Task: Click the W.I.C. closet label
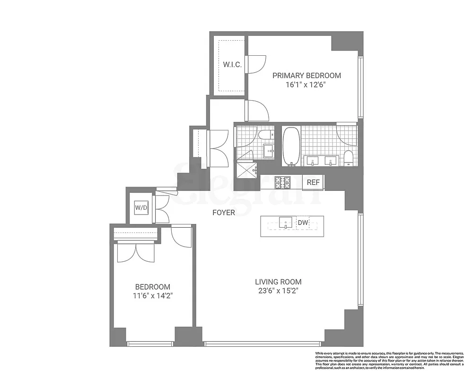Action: [233, 65]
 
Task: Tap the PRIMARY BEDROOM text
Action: [307, 76]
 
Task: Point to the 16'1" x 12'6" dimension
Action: [307, 85]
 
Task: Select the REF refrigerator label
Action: [313, 182]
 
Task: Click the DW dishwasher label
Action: [302, 222]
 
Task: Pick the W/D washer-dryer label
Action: [141, 207]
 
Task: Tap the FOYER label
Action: [224, 213]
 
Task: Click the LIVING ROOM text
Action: [277, 282]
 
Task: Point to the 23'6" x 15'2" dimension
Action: [277, 291]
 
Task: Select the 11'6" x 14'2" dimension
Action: [153, 296]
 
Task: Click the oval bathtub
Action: [291, 146]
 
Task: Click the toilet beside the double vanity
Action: [349, 158]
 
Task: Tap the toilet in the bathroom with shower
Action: [264, 135]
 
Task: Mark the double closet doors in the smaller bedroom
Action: [136, 252]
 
